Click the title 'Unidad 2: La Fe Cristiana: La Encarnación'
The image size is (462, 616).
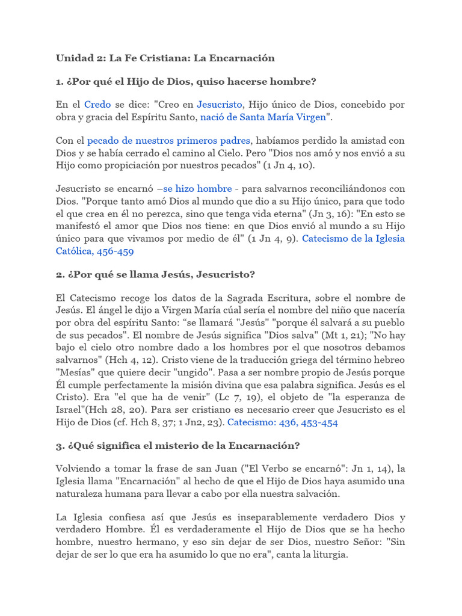click(165, 58)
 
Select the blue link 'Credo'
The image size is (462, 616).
click(97, 104)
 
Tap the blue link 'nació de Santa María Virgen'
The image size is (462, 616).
click(263, 117)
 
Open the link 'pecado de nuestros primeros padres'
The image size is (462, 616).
click(168, 141)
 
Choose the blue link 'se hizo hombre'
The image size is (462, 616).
click(197, 189)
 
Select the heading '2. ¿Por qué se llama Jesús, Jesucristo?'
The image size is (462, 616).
click(156, 275)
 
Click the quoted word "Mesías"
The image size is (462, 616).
click(76, 372)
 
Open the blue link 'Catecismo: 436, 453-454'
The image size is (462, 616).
click(282, 422)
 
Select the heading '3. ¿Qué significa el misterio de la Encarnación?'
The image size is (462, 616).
click(178, 446)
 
